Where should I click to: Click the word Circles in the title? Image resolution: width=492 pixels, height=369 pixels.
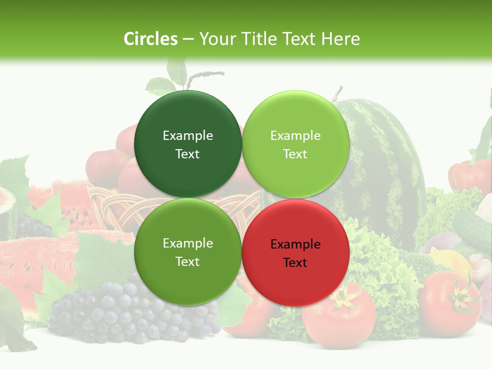(x=150, y=39)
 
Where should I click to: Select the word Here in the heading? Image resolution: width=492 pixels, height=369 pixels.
(x=340, y=39)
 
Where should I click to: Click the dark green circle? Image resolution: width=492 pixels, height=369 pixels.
(x=188, y=145)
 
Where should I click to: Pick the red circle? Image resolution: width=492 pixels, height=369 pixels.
(x=295, y=253)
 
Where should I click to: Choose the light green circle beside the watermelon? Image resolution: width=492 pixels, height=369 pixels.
(x=295, y=145)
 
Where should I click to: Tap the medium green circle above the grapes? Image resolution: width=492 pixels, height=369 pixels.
(x=188, y=252)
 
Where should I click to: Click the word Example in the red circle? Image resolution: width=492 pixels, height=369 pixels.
(x=295, y=244)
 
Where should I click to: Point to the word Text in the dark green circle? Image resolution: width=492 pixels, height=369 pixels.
(x=188, y=154)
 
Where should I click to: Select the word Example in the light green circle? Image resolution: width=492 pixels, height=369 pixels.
(x=295, y=135)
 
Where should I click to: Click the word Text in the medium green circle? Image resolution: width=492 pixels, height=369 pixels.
(x=188, y=261)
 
